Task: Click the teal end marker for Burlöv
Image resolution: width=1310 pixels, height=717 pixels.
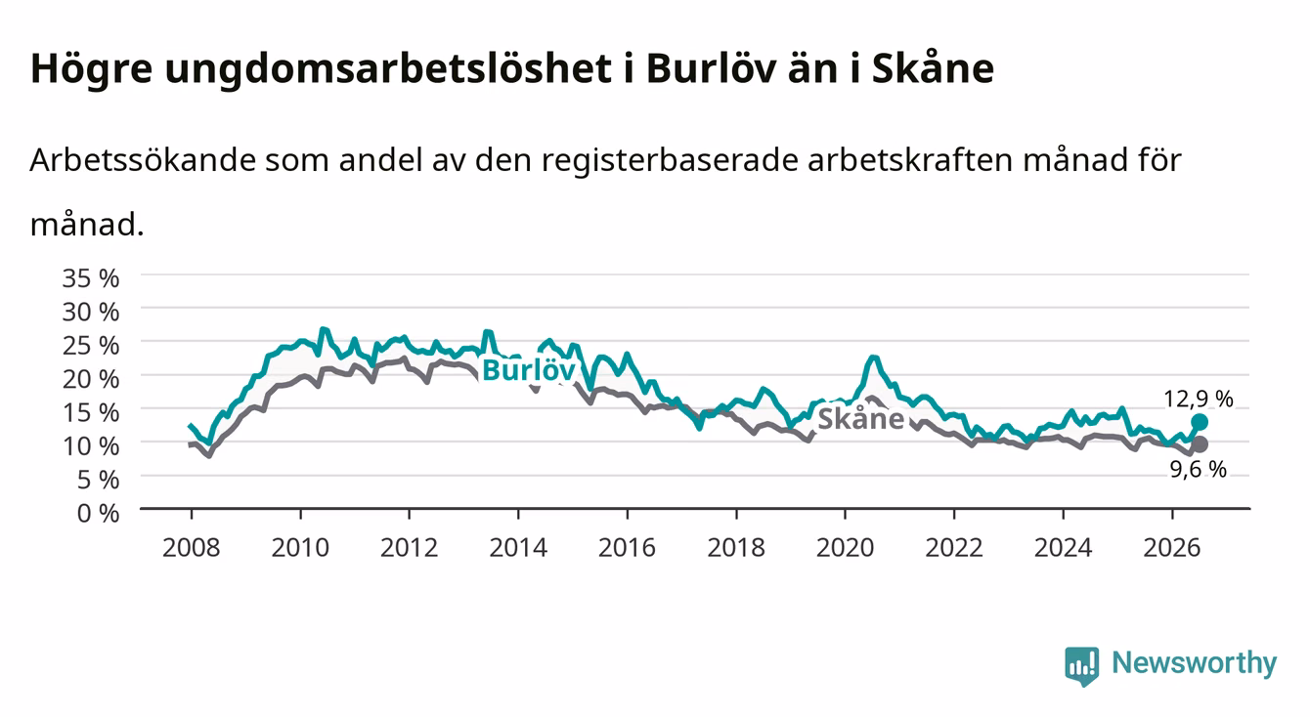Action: point(1199,422)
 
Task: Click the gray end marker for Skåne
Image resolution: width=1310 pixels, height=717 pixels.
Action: point(1199,444)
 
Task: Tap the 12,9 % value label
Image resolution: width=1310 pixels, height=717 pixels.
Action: point(1199,400)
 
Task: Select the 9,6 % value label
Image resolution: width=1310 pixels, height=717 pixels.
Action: point(1199,469)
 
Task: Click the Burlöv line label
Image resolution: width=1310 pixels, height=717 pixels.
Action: point(529,370)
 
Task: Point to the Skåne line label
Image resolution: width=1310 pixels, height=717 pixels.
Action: point(860,419)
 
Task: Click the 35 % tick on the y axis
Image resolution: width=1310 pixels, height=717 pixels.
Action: point(91,278)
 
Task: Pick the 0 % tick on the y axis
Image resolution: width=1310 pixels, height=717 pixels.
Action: point(98,514)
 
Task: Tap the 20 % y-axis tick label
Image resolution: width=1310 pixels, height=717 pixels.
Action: point(91,379)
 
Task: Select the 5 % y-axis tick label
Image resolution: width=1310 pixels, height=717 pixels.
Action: point(98,481)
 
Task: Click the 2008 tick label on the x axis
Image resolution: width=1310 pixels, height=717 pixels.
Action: point(192,548)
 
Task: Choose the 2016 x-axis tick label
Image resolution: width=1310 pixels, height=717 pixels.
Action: point(627,548)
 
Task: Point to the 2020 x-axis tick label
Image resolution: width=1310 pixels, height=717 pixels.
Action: point(845,548)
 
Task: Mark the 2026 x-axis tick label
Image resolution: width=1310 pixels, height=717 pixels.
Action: point(1172,548)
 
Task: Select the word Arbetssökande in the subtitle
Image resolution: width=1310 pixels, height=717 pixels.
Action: point(143,159)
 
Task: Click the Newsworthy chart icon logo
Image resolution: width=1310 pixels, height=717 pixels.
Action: point(1082,666)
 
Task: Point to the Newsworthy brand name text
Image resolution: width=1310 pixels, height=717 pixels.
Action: point(1195,664)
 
